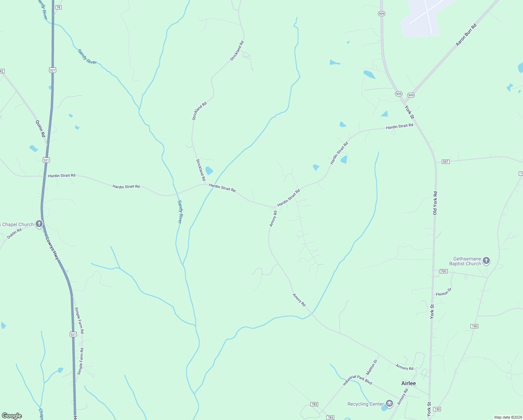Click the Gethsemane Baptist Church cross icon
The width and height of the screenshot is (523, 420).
pyautogui.click(x=486, y=260)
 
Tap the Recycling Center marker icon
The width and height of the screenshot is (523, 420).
pyautogui.click(x=389, y=404)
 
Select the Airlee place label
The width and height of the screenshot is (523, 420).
pyautogui.click(x=408, y=383)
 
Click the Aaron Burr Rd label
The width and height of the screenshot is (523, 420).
pyautogui.click(x=466, y=35)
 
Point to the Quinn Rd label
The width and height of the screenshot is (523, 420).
pyautogui.click(x=41, y=128)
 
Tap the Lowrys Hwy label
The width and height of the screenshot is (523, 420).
pyautogui.click(x=52, y=248)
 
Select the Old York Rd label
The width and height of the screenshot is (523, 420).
pyautogui.click(x=435, y=203)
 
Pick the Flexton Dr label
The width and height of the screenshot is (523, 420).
pyautogui.click(x=444, y=292)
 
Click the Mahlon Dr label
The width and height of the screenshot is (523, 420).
pyautogui.click(x=372, y=367)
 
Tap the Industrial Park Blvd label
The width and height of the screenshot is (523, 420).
pyautogui.click(x=357, y=380)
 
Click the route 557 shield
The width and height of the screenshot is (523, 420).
pyautogui.click(x=445, y=162)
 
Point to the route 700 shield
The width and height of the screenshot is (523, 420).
pyautogui.click(x=443, y=271)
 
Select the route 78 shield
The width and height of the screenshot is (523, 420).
pyautogui.click(x=58, y=7)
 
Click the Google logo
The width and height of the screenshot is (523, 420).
pyautogui.click(x=12, y=416)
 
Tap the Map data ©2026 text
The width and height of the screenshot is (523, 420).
pyautogui.click(x=508, y=417)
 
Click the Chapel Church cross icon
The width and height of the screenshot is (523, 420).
pyautogui.click(x=40, y=224)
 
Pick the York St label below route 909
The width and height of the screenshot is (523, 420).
pyautogui.click(x=409, y=112)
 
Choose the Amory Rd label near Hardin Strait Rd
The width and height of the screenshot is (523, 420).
pyautogui.click(x=273, y=218)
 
